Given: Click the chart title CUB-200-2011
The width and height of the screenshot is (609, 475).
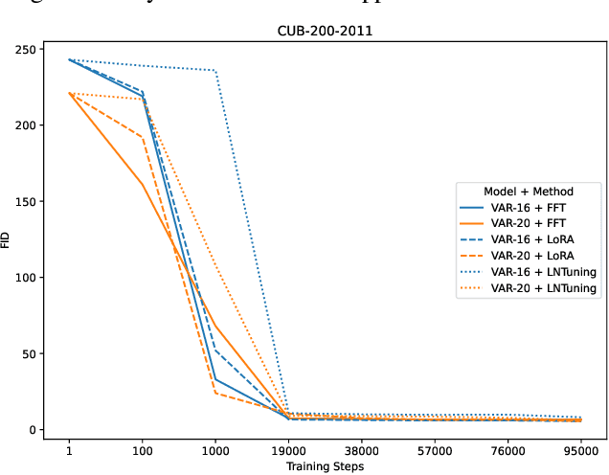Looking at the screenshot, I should tap(325, 31).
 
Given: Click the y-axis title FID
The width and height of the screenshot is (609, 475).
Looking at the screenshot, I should tap(9, 239).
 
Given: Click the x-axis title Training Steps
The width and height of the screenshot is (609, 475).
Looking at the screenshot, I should tap(325, 465).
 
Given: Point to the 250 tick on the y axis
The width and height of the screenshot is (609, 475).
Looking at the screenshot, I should tap(26, 49).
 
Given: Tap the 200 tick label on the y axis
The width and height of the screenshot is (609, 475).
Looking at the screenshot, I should tap(26, 125).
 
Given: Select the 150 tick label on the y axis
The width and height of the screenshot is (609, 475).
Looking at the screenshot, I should tap(26, 201).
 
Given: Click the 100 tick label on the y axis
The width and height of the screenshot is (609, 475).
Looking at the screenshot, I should tap(26, 278).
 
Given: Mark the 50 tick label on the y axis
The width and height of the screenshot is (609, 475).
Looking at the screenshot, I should tap(29, 353).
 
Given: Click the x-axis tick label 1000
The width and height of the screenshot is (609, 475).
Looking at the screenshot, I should tap(215, 448).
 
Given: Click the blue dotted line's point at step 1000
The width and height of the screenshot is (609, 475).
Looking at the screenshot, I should tap(215, 71).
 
